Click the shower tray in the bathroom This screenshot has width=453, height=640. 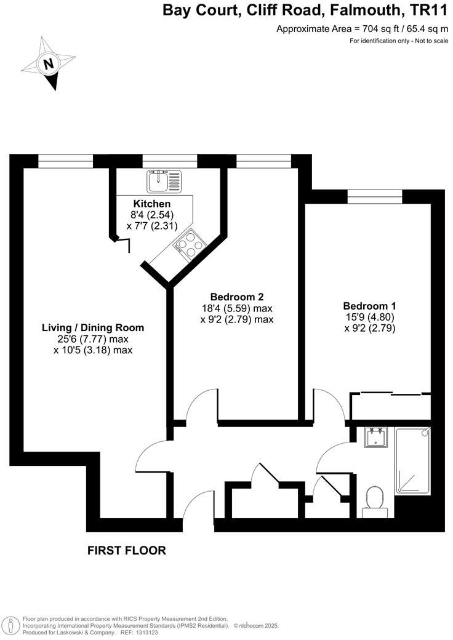(x=414, y=460)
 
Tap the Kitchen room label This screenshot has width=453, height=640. (x=152, y=204)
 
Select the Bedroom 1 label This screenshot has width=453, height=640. (x=369, y=306)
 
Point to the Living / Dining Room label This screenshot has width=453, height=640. (x=93, y=327)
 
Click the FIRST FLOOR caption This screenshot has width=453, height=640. (x=127, y=550)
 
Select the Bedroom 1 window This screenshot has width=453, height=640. (x=374, y=197)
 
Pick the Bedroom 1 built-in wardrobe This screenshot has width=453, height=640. (x=390, y=406)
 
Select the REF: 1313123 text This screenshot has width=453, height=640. (x=143, y=633)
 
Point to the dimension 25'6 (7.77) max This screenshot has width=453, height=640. (x=93, y=338)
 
